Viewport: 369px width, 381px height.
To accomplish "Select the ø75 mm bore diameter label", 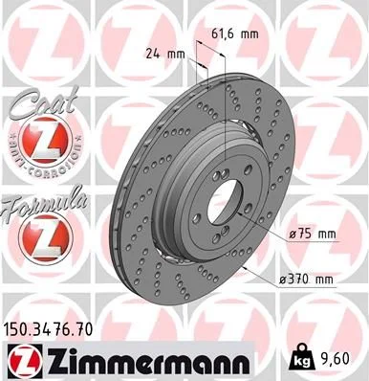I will click(x=313, y=233).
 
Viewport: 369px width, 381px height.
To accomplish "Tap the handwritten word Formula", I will click(x=45, y=204).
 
